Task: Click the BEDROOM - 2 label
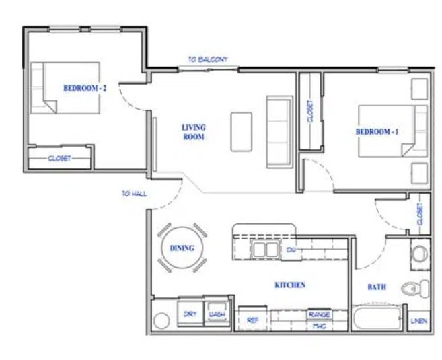(x=85, y=87)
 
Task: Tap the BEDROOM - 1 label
(x=377, y=132)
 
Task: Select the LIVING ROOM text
(x=193, y=132)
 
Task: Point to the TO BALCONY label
(x=207, y=59)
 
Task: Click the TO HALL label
(x=135, y=194)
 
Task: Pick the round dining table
(x=182, y=248)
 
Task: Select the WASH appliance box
(x=216, y=314)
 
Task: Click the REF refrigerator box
(x=253, y=320)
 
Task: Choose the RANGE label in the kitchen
(x=319, y=314)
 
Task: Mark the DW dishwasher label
(x=291, y=250)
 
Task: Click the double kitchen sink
(x=264, y=249)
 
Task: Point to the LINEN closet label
(x=418, y=321)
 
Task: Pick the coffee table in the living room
(x=242, y=131)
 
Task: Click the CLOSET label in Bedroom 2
(x=59, y=159)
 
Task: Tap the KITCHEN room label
(x=290, y=285)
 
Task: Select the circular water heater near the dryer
(x=161, y=321)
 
